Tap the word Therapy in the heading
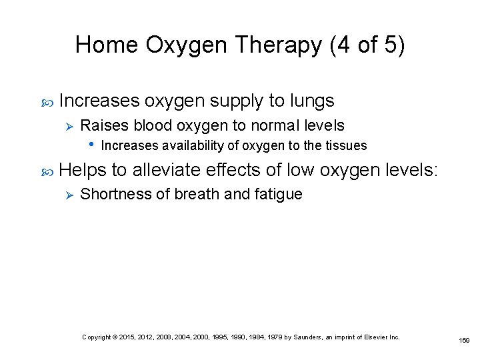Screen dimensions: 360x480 [x=278, y=45]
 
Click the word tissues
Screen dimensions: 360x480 [x=345, y=145]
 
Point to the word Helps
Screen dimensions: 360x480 [x=83, y=171]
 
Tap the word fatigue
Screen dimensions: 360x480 [x=280, y=195]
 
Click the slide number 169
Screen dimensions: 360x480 [x=465, y=340]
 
